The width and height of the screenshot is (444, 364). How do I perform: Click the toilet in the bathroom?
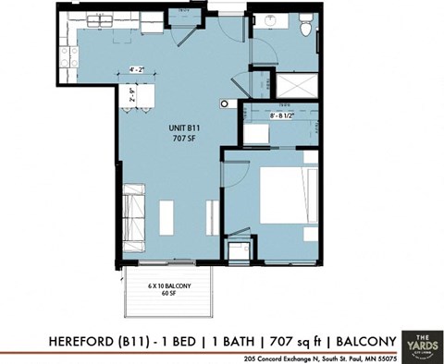click(306, 30)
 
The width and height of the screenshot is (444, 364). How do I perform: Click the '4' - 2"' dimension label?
click(137, 69)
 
